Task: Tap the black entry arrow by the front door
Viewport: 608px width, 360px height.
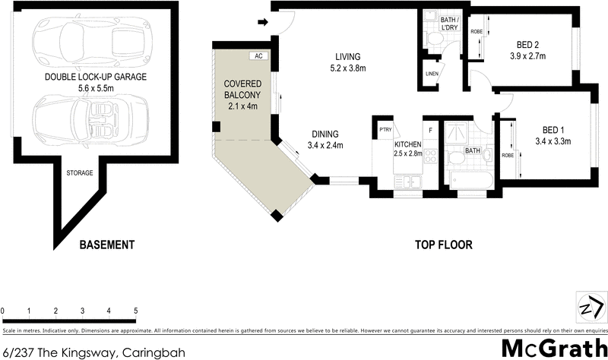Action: click(x=264, y=23)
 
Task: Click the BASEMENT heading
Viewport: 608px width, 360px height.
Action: click(x=107, y=245)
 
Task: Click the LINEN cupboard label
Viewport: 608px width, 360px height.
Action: click(x=431, y=74)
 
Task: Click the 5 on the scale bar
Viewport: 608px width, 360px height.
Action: click(x=135, y=311)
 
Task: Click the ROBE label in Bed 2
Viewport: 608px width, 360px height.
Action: click(x=477, y=32)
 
